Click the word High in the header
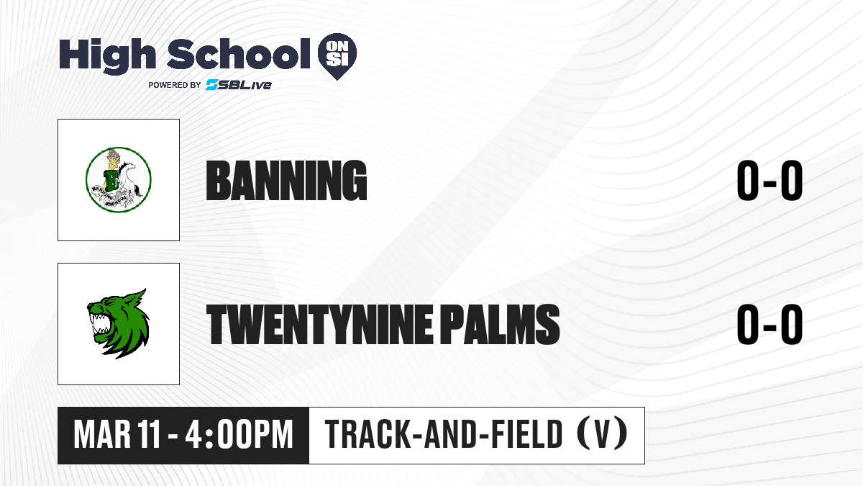point(107,56)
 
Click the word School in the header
point(239,53)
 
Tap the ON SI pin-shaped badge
point(337,56)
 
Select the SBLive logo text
point(239,84)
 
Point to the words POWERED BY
point(175,85)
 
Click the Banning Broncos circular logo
point(118,179)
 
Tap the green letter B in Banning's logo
point(112,180)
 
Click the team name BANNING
point(286,181)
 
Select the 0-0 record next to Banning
point(770,180)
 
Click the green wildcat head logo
point(118,323)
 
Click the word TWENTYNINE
point(319,324)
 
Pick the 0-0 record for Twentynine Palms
point(770,324)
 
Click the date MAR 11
point(117,434)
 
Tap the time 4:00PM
point(239,434)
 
